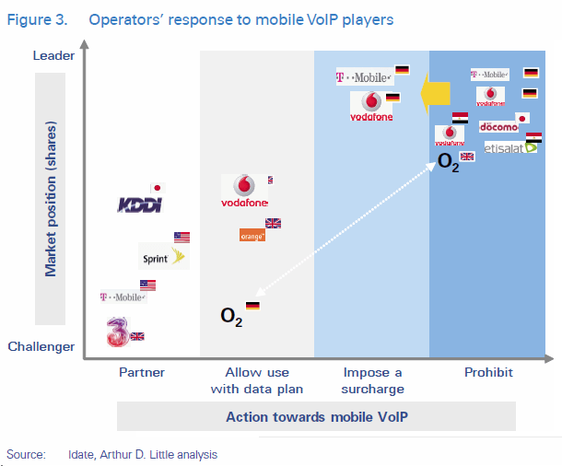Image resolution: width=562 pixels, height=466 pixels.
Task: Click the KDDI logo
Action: tap(140, 204)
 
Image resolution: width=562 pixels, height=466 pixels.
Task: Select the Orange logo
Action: tap(252, 236)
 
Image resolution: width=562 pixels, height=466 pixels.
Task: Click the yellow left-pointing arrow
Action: tap(431, 93)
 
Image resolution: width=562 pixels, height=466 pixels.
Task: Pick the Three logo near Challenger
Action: tap(116, 332)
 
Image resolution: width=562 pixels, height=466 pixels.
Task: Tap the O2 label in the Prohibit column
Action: tap(448, 164)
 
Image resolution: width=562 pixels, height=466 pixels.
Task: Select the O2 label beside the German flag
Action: tap(231, 316)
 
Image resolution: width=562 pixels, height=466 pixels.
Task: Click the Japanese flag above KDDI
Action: tap(156, 187)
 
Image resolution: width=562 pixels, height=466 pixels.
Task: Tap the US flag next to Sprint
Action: tap(181, 237)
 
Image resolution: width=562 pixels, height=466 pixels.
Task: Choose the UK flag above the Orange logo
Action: tap(274, 223)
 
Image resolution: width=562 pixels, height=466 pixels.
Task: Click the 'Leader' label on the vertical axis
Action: tap(53, 56)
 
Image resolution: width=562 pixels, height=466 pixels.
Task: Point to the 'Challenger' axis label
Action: tap(41, 347)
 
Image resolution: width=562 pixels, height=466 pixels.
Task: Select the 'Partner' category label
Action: tap(142, 373)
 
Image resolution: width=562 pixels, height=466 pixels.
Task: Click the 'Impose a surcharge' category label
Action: tap(372, 380)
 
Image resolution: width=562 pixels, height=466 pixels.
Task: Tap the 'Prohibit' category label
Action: tap(488, 373)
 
